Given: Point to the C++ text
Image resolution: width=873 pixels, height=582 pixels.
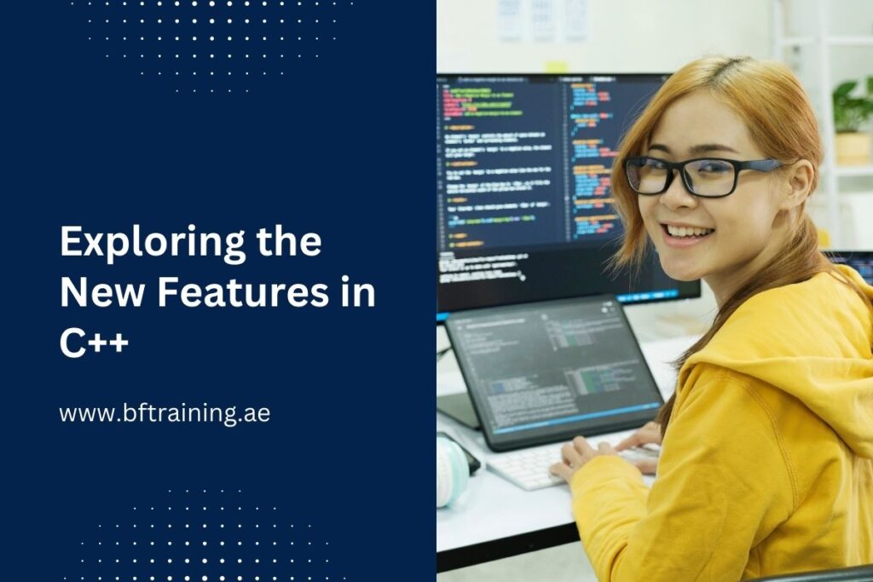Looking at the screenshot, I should coord(94,343).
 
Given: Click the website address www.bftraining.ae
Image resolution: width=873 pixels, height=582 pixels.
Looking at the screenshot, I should coord(165,413).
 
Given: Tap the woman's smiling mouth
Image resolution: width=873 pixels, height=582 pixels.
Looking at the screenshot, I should coord(687,232).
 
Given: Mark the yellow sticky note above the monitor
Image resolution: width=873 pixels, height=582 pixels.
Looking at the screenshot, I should coord(557,66).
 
